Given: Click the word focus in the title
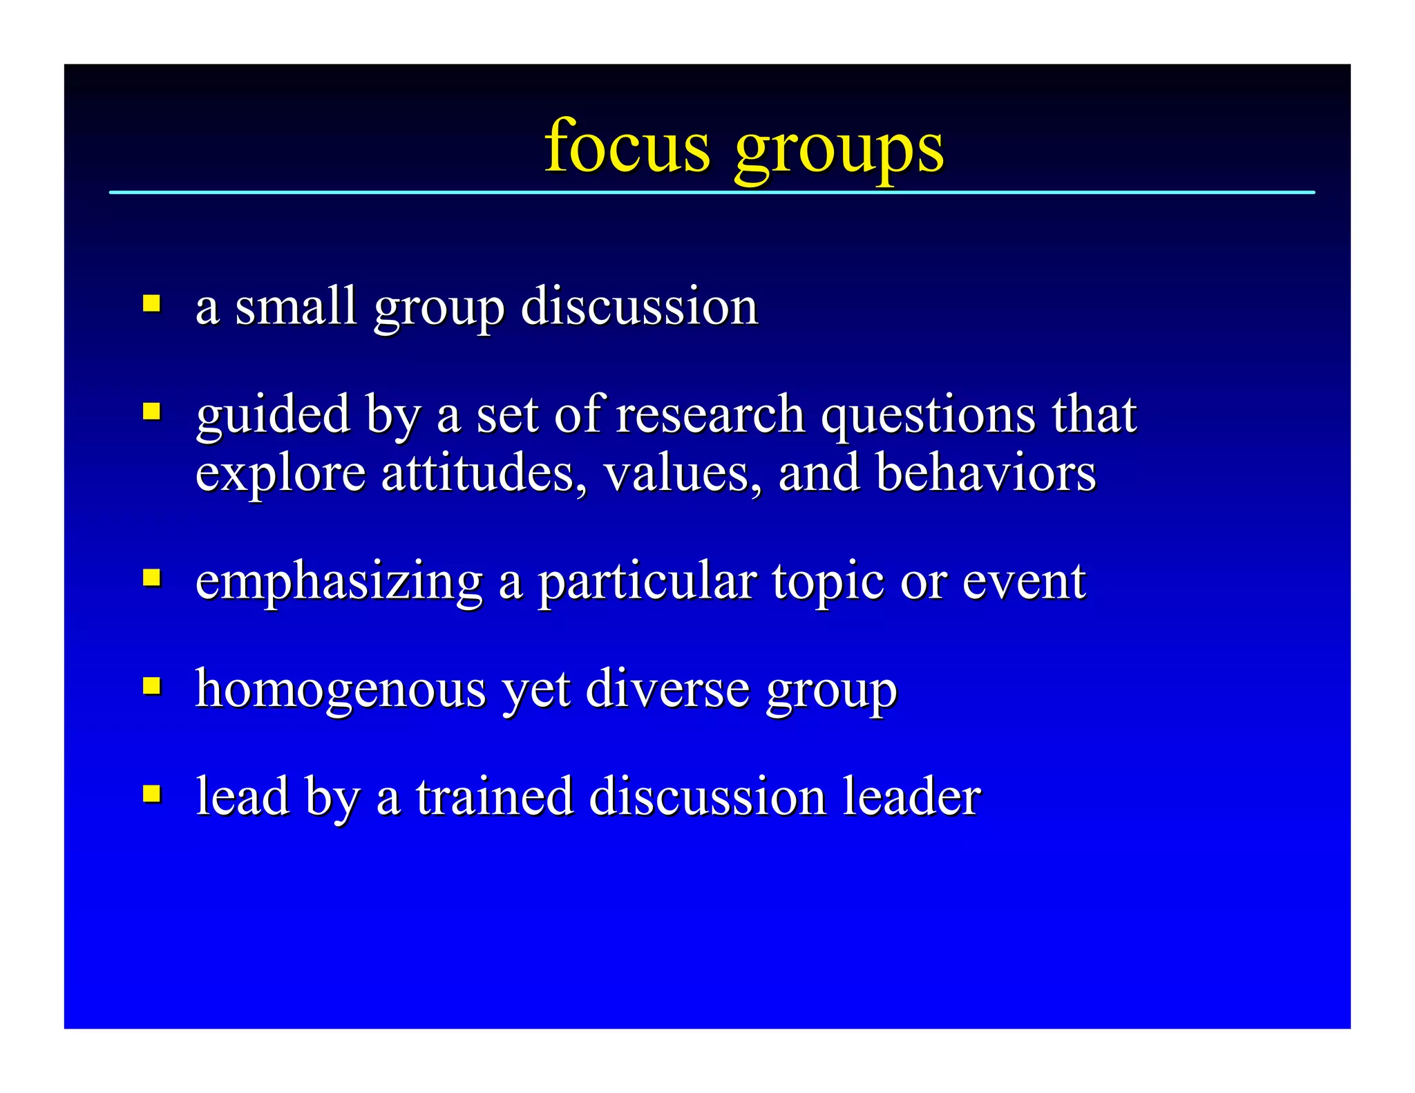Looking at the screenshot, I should pos(627,146).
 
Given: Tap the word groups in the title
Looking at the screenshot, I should pos(839,150).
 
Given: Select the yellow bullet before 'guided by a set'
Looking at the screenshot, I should pos(152,412).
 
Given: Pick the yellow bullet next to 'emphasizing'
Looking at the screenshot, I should pos(152,578).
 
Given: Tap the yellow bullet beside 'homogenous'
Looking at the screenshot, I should pos(152,686).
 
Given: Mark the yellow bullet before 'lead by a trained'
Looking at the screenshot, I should pos(152,793).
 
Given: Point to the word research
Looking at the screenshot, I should pos(710,415).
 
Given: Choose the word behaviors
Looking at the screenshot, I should pos(986,473).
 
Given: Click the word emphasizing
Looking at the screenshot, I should pos(339,582).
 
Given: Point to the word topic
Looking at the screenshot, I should pos(828,582).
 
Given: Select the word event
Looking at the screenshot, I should pos(1024,581).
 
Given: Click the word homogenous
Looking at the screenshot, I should pos(341,690).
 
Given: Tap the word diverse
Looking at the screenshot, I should pos(667,689).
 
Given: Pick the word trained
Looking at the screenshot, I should pos(495,797).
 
